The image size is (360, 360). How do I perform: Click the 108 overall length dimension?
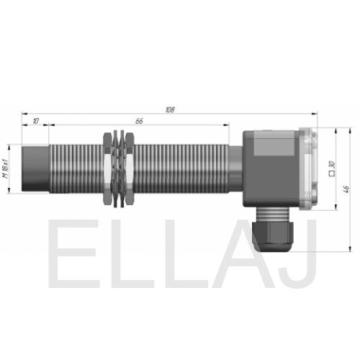click(170, 109)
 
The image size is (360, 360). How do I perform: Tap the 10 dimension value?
click(35, 121)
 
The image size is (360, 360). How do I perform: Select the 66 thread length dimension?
click(139, 121)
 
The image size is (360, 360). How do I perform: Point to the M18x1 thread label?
click(6, 168)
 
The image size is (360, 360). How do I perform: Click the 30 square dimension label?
click(332, 165)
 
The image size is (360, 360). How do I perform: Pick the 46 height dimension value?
click(346, 189)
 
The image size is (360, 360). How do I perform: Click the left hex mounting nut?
click(107, 168)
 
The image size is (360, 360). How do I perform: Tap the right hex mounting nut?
click(130, 168)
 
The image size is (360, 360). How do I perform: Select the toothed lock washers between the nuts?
click(119, 168)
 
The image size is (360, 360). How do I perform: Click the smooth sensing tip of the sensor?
click(35, 168)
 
